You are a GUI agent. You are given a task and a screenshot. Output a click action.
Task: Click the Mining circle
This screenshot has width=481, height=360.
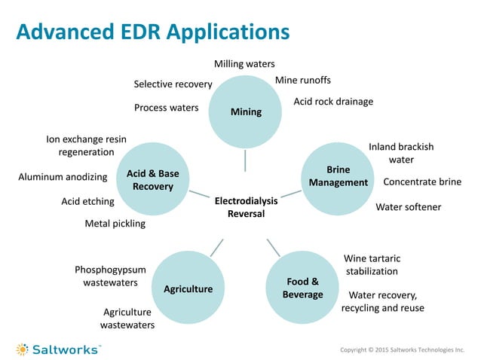245,111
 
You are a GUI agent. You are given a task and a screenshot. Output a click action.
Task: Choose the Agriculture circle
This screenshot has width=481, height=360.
188,288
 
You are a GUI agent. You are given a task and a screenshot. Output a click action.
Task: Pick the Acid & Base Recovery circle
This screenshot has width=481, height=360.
152,179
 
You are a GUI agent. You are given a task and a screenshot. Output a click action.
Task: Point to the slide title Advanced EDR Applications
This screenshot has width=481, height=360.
153,32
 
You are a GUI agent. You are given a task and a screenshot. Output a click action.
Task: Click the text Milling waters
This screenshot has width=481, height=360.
244,65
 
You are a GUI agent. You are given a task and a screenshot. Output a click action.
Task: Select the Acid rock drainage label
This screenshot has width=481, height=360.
332,102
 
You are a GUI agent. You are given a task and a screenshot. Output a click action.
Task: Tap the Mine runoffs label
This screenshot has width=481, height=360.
302,80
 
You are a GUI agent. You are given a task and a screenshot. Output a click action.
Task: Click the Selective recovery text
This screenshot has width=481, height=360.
173,84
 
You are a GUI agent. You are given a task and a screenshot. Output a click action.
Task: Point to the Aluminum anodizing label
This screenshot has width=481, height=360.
63,177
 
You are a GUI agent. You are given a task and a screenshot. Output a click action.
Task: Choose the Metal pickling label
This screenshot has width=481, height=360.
115,224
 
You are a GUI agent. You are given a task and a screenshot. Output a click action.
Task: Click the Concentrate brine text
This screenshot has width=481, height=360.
421,182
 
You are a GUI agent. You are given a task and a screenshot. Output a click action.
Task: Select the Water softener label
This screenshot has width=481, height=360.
408,207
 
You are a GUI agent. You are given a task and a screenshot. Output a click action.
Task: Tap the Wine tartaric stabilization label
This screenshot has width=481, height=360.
371,264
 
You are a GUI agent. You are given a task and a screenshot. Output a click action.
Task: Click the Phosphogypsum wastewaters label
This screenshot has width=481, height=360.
106,276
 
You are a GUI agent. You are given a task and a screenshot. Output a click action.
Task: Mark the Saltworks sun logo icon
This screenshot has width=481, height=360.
23,349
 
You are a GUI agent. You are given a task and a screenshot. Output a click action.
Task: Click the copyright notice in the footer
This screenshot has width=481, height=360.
403,350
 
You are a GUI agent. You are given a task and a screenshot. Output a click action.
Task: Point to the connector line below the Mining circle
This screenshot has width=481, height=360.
245,160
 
